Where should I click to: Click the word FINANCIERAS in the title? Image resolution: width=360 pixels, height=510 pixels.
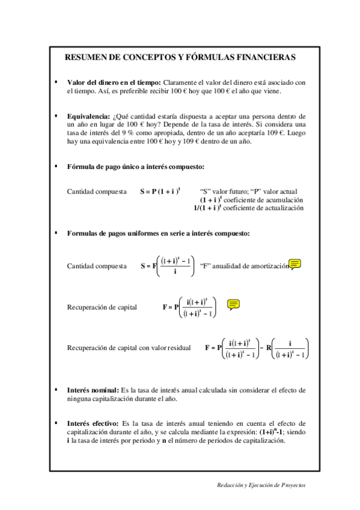(x=265, y=58)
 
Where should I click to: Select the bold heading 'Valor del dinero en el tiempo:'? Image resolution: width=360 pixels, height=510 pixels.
(x=114, y=82)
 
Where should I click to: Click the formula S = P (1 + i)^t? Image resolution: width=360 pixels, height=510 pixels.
(x=160, y=191)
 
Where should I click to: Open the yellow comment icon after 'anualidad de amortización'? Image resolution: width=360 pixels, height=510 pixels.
(x=295, y=264)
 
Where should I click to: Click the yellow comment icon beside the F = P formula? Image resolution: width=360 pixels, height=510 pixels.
(x=234, y=304)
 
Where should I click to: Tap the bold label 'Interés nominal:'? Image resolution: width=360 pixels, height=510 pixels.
(x=93, y=390)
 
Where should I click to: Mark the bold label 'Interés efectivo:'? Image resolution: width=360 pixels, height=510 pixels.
(x=93, y=423)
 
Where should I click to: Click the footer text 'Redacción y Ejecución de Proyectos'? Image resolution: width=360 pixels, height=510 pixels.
(x=261, y=484)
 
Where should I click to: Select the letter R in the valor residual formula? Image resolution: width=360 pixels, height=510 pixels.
(x=269, y=348)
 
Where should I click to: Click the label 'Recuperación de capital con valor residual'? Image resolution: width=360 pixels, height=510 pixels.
(x=129, y=348)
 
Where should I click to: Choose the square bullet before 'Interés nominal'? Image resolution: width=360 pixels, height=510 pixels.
(x=55, y=390)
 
